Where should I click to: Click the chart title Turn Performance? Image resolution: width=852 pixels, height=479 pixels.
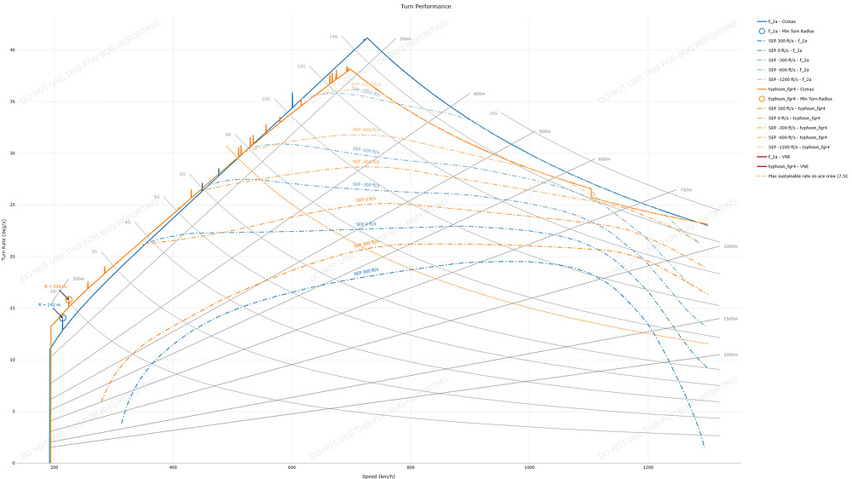[425, 6]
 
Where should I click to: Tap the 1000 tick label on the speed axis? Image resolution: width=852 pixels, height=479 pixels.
[530, 468]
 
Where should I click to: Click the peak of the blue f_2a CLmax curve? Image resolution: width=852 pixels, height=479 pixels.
[366, 38]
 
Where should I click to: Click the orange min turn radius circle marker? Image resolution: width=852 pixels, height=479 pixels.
[69, 301]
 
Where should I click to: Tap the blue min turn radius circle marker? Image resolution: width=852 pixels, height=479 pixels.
[62, 317]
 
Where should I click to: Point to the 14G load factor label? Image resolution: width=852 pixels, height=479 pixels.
[334, 37]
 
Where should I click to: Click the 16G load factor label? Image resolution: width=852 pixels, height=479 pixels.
[493, 113]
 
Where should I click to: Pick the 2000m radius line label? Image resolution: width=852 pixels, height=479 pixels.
[729, 354]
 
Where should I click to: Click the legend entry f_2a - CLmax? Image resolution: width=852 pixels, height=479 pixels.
[788, 20]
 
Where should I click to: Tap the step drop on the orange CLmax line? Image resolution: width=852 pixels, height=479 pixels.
[590, 193]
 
